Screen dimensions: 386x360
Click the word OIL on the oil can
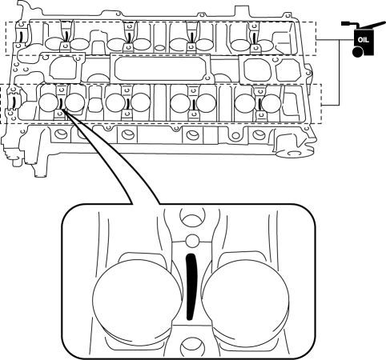(x=363, y=40)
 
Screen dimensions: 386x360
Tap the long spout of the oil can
(x=372, y=25)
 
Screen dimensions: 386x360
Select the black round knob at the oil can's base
(x=357, y=52)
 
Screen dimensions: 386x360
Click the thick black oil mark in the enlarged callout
(x=191, y=286)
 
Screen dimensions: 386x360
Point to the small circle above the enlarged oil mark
(x=192, y=241)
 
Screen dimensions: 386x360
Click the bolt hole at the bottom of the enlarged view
(x=193, y=347)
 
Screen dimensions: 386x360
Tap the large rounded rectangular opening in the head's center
(x=160, y=68)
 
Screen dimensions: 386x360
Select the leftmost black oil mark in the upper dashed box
(x=22, y=37)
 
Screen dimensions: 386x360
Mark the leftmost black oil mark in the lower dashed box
(x=14, y=102)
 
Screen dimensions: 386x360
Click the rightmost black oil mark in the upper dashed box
(x=254, y=38)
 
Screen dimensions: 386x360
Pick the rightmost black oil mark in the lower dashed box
(x=259, y=103)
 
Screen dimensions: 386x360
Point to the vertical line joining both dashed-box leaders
(x=339, y=73)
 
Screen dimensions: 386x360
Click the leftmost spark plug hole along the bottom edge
(x=61, y=134)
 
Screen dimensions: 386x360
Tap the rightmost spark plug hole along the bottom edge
(x=259, y=134)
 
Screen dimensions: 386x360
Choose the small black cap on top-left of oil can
(x=347, y=23)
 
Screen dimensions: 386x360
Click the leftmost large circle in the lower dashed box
(x=48, y=102)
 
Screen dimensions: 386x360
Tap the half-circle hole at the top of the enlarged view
(x=193, y=218)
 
